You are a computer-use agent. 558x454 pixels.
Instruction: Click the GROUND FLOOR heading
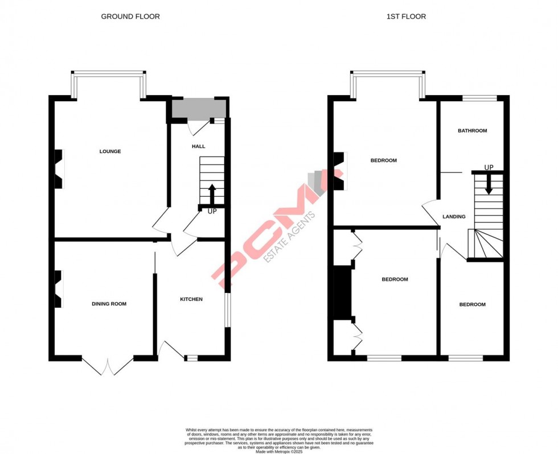pyautogui.click(x=130, y=16)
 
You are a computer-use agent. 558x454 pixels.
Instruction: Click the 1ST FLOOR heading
pyautogui.click(x=406, y=16)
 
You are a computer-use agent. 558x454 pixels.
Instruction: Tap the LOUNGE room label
pyautogui.click(x=110, y=151)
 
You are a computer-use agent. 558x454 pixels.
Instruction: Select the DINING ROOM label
pyautogui.click(x=109, y=304)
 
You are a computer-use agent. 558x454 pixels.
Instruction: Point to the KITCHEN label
pyautogui.click(x=191, y=299)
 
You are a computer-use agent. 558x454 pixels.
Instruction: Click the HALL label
pyautogui.click(x=198, y=146)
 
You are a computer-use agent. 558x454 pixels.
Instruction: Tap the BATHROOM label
pyautogui.click(x=473, y=131)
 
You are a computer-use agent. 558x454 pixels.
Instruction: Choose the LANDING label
pyautogui.click(x=454, y=216)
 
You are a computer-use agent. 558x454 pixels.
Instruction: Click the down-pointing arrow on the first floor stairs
pyautogui.click(x=489, y=183)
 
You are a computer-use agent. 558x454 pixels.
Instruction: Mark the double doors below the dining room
pyautogui.click(x=108, y=365)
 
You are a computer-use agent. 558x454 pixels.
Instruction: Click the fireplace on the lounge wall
pyautogui.click(x=58, y=169)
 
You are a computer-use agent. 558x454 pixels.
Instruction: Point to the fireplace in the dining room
pyautogui.click(x=58, y=289)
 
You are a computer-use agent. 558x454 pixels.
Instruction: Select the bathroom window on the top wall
pyautogui.click(x=479, y=98)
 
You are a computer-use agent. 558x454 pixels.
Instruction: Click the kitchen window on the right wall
pyautogui.click(x=227, y=310)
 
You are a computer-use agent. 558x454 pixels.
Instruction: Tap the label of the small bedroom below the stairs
pyautogui.click(x=473, y=304)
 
